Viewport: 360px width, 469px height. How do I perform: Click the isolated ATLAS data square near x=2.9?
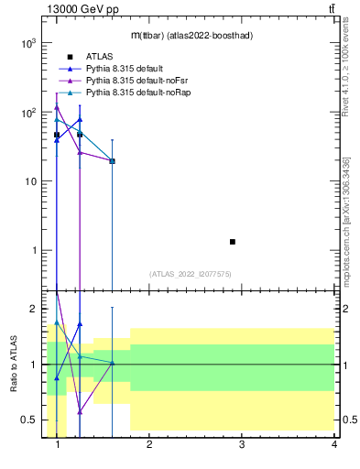pos(233,242)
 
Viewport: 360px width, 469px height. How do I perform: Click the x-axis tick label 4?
pos(334,446)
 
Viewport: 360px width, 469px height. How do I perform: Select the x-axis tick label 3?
pos(242,446)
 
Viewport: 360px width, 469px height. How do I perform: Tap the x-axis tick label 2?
pos(149,446)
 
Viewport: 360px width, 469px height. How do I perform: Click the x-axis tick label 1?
pos(58,446)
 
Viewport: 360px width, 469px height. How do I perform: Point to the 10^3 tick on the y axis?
pos(28,43)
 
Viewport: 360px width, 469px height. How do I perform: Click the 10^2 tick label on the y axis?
pos(28,113)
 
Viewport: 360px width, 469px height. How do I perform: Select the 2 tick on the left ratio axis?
pos(35,309)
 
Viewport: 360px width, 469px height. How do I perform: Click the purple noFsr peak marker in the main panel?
pos(57,107)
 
